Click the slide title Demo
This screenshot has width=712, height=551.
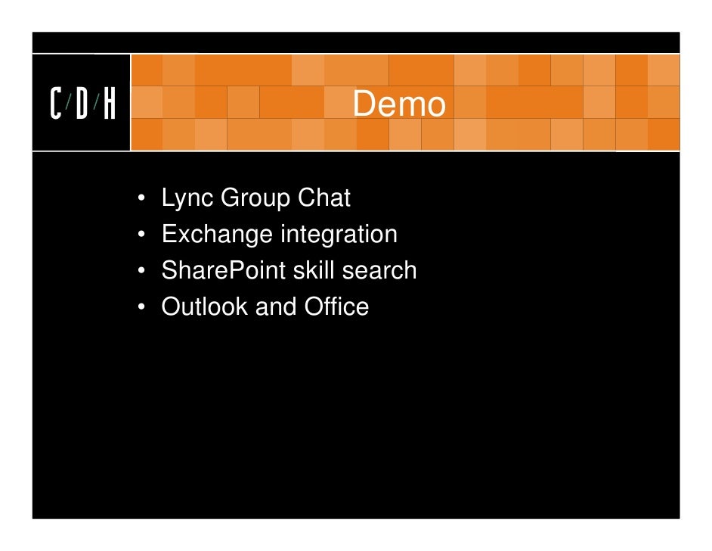click(399, 104)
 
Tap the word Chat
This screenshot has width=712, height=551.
click(324, 198)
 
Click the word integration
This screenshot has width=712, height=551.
click(339, 235)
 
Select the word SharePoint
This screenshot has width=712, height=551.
click(223, 270)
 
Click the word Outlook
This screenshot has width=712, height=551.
click(205, 307)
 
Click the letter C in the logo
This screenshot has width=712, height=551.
click(57, 104)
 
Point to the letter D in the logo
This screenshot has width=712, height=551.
click(82, 104)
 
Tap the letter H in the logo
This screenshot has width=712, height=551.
click(110, 104)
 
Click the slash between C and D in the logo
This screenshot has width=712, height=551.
click(69, 104)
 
